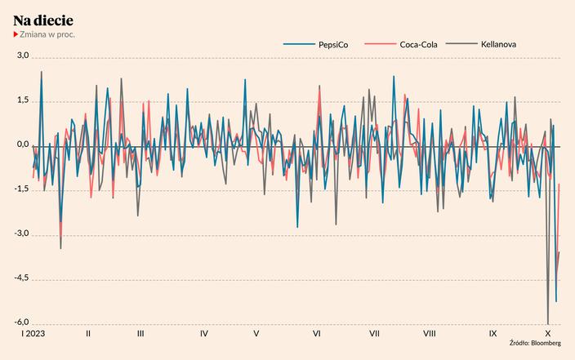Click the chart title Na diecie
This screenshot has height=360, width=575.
click(x=43, y=20)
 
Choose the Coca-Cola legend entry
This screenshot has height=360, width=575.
click(x=419, y=44)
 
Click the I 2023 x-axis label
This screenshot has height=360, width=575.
click(x=33, y=334)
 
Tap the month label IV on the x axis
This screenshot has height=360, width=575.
click(x=203, y=334)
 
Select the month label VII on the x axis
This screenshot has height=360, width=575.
click(x=374, y=334)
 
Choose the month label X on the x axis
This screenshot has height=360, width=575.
click(x=548, y=334)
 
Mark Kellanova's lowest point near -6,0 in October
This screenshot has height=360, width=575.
click(x=548, y=323)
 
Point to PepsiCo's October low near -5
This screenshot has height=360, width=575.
click(x=556, y=301)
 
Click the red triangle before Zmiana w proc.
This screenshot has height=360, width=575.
click(x=15, y=35)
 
